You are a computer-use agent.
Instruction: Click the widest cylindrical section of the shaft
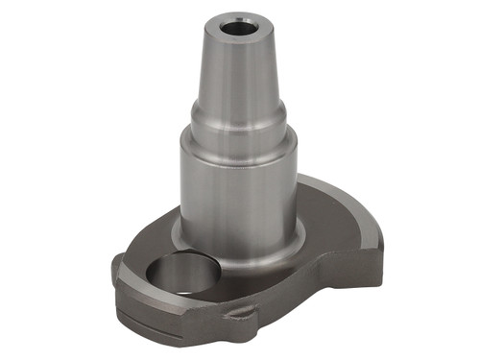point(235,187)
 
